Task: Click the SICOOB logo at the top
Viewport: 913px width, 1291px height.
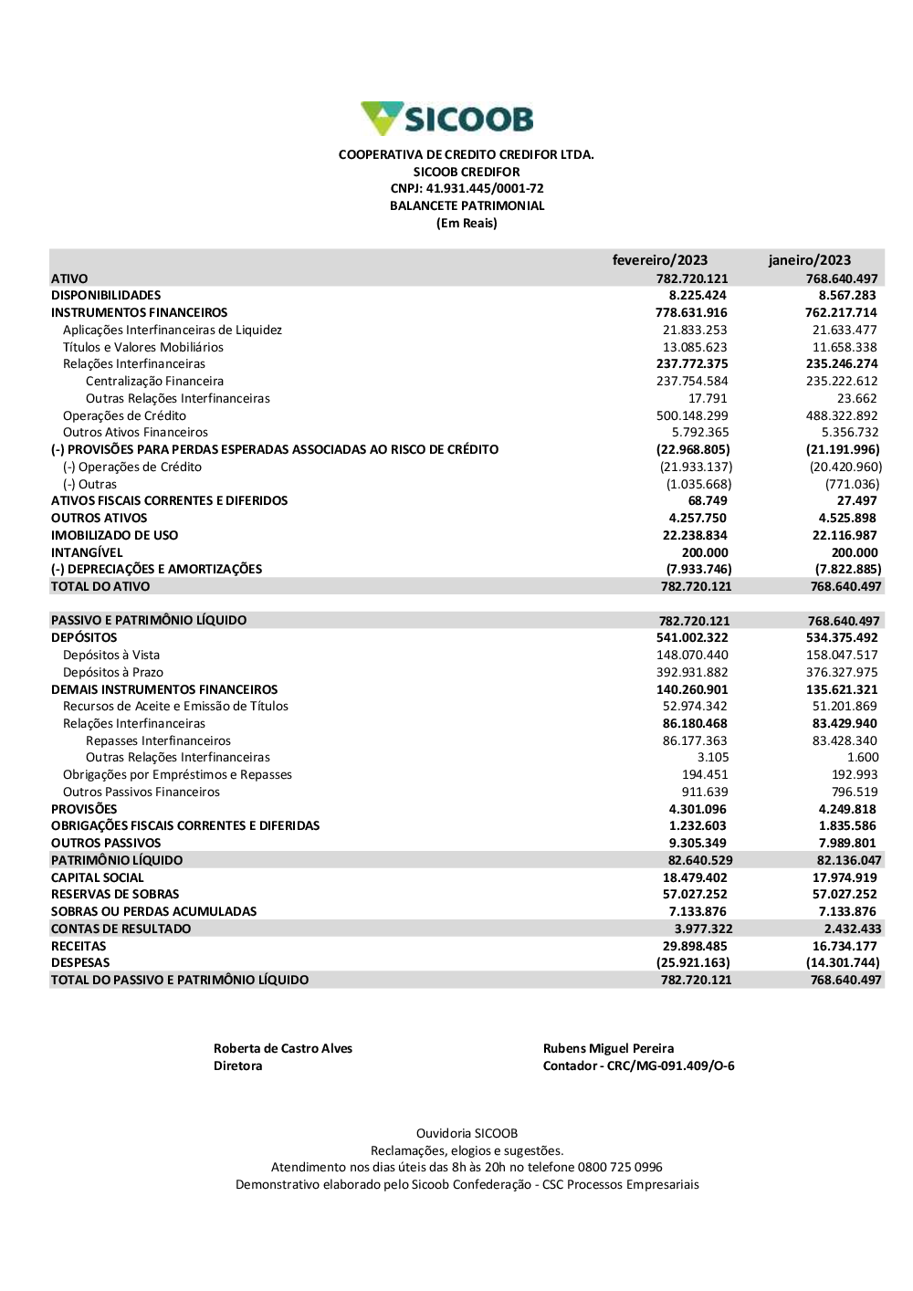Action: pyautogui.click(x=447, y=119)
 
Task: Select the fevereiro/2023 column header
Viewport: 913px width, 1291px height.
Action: pyautogui.click(x=659, y=260)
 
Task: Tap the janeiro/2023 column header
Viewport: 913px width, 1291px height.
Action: pyautogui.click(x=809, y=260)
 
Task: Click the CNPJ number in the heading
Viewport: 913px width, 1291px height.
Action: pyautogui.click(x=485, y=189)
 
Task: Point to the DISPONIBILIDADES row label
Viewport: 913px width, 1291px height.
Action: pyautogui.click(x=106, y=296)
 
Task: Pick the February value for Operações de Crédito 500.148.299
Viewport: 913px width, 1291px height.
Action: pyautogui.click(x=692, y=415)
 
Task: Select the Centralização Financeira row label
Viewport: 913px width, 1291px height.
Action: pyautogui.click(x=154, y=382)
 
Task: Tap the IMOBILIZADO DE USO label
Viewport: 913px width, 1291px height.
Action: pyautogui.click(x=114, y=535)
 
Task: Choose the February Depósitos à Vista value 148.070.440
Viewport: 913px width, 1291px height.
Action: pyautogui.click(x=692, y=655)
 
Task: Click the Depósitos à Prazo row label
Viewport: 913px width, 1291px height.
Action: pyautogui.click(x=113, y=672)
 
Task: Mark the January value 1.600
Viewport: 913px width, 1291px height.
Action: pyautogui.click(x=863, y=757)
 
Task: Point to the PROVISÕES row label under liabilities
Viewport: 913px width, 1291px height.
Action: pyautogui.click(x=84, y=809)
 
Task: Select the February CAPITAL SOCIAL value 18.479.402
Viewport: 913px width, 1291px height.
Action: pyautogui.click(x=695, y=877)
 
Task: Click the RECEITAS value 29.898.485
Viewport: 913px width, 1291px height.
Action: pyautogui.click(x=695, y=946)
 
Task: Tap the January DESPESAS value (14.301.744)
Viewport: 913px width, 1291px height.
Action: pyautogui.click(x=843, y=962)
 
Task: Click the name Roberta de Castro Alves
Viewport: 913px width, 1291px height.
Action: pyautogui.click(x=283, y=1048)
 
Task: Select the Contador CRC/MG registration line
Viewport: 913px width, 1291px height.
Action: pyautogui.click(x=638, y=1065)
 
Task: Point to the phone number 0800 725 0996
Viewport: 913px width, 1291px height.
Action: pyautogui.click(x=620, y=1167)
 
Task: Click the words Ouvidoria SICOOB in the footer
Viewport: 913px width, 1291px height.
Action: pyautogui.click(x=467, y=1133)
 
